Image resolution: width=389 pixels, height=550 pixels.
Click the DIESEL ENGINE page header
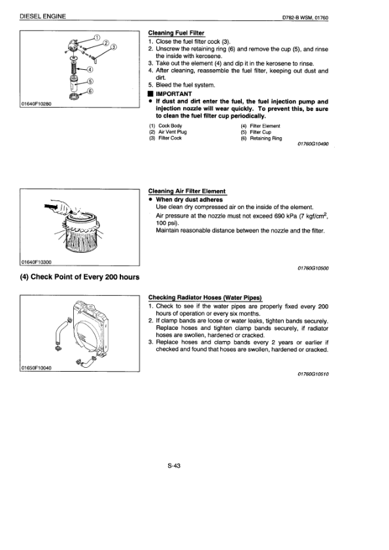pyautogui.click(x=43, y=16)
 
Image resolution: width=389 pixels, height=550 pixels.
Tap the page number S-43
pyautogui.click(x=174, y=466)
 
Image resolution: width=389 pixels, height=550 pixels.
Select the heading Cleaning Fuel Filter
pyautogui.click(x=177, y=33)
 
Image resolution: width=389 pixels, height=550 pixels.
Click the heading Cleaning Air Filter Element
pyautogui.click(x=187, y=191)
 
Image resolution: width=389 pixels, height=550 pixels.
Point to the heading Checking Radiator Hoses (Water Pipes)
pyautogui.click(x=205, y=298)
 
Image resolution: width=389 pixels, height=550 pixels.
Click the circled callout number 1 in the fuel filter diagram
pyautogui.click(x=97, y=37)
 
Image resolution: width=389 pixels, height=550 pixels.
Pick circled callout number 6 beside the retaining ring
pyautogui.click(x=90, y=91)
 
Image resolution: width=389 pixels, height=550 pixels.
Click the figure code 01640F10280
pyautogui.click(x=36, y=104)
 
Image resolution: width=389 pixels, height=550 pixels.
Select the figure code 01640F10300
pyautogui.click(x=36, y=262)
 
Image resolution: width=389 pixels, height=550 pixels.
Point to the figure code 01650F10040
pyautogui.click(x=36, y=368)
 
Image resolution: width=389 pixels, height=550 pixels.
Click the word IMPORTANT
pyautogui.click(x=174, y=94)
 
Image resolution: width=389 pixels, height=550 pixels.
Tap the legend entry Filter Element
pyautogui.click(x=265, y=126)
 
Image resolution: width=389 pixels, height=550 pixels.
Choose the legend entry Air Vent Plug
pyautogui.click(x=173, y=132)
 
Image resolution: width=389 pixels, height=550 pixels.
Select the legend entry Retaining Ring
pyautogui.click(x=266, y=138)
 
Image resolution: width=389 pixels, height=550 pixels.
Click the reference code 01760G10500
pyautogui.click(x=313, y=268)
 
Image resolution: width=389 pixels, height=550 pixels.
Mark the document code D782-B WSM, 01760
pyautogui.click(x=305, y=18)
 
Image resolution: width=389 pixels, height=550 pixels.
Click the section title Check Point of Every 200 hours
pyautogui.click(x=80, y=277)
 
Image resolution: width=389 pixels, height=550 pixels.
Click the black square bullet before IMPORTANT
pyautogui.click(x=150, y=94)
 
